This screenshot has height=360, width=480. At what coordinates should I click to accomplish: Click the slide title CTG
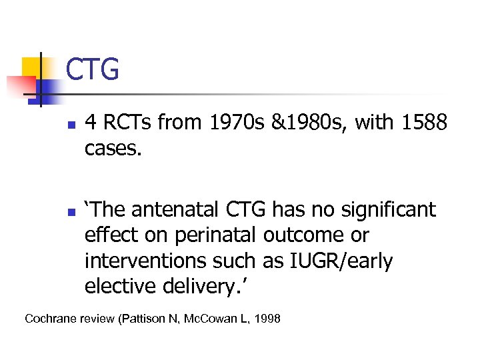tap(93, 69)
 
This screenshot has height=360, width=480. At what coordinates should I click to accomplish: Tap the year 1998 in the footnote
tap(268, 319)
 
